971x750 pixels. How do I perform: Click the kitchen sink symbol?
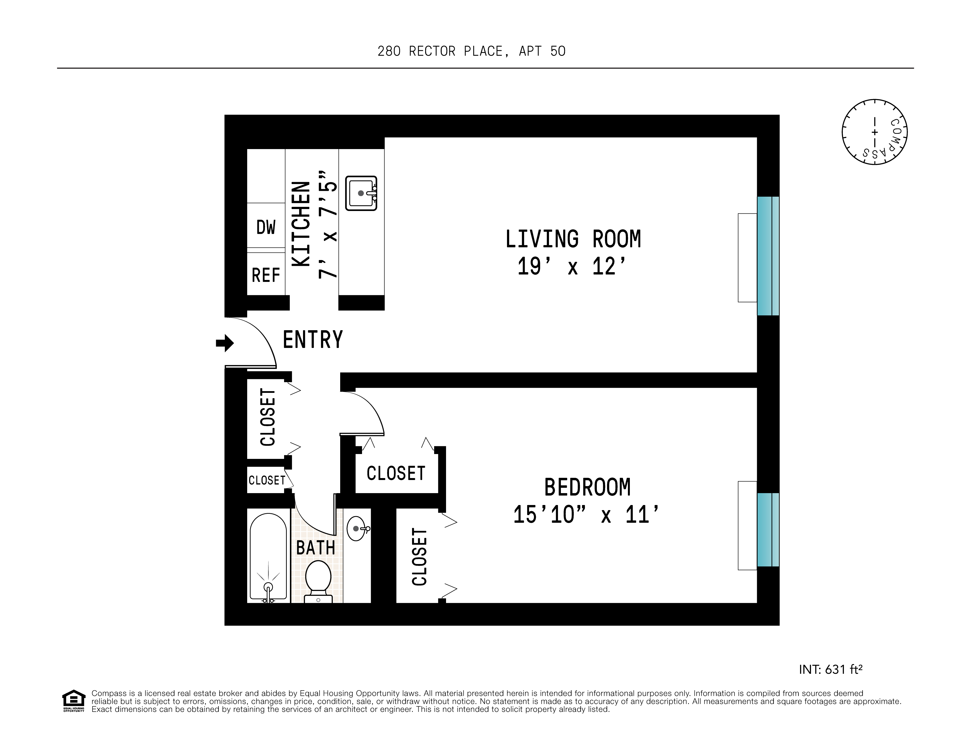click(x=361, y=193)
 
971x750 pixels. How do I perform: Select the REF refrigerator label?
click(x=266, y=275)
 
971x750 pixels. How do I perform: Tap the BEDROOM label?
click(x=587, y=487)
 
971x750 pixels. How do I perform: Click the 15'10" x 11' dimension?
click(x=585, y=515)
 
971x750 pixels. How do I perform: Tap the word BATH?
click(x=316, y=548)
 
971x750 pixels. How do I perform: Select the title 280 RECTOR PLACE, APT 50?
click(x=471, y=51)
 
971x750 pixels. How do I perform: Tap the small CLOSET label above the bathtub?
click(x=267, y=480)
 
